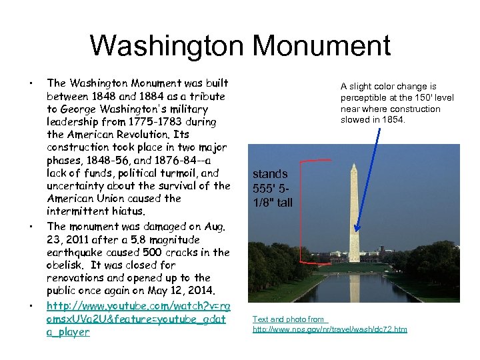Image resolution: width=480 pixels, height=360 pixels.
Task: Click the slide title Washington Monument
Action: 239,46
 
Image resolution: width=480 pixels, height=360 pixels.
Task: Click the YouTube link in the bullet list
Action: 138,319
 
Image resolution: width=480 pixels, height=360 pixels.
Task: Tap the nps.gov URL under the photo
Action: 329,329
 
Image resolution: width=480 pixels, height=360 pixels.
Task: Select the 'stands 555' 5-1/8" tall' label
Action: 272,188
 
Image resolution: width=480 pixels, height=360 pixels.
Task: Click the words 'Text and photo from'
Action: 289,319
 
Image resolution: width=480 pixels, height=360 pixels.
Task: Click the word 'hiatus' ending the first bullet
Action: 125,211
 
